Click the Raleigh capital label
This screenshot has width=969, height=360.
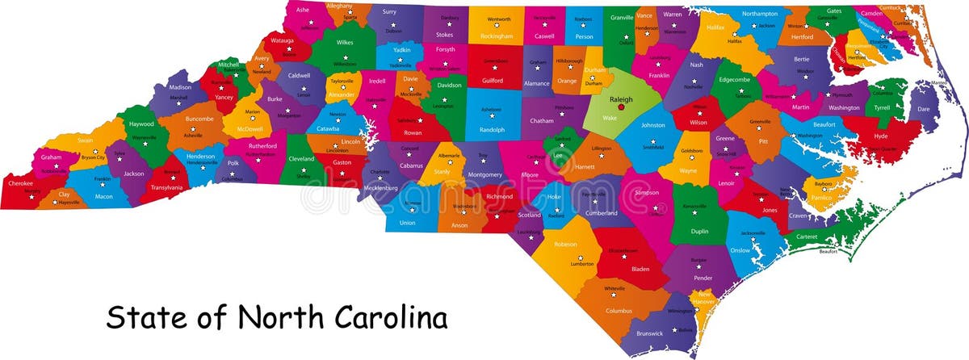pyautogui.click(x=621, y=99)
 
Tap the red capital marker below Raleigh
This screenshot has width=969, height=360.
pyautogui.click(x=621, y=107)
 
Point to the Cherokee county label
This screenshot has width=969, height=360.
pyautogui.click(x=21, y=183)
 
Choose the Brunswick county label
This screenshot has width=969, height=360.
pyautogui.click(x=649, y=333)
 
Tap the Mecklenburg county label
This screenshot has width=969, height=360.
pyautogui.click(x=380, y=187)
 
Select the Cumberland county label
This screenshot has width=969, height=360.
pyautogui.click(x=601, y=213)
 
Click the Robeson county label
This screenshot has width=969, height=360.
pyautogui.click(x=565, y=244)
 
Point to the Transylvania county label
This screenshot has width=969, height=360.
pyautogui.click(x=166, y=187)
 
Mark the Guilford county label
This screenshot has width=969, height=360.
pyautogui.click(x=492, y=81)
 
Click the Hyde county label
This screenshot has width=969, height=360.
pyautogui.click(x=880, y=136)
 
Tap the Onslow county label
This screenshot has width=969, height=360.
pyautogui.click(x=740, y=250)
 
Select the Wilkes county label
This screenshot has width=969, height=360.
pyautogui.click(x=345, y=42)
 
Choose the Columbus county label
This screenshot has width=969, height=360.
pyautogui.click(x=619, y=310)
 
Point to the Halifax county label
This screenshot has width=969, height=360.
pyautogui.click(x=715, y=27)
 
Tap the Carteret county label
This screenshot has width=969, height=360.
pyautogui.click(x=807, y=237)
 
